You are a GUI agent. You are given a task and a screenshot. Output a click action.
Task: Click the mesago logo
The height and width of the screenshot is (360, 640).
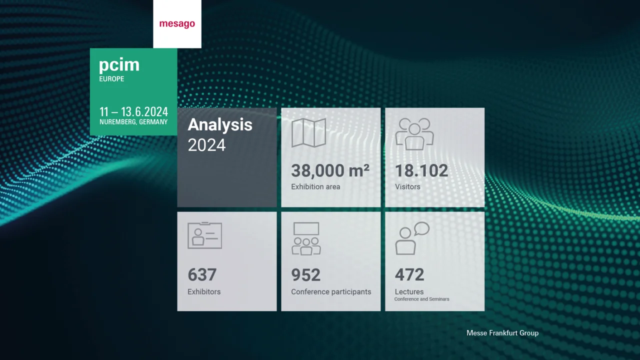[x=177, y=24]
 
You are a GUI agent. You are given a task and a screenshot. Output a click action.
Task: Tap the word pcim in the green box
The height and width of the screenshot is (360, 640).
[x=119, y=65]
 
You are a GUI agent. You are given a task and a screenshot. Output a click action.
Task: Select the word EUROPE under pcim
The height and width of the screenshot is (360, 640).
[x=111, y=79]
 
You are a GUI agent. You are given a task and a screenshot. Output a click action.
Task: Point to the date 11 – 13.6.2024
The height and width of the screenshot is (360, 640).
[x=133, y=111]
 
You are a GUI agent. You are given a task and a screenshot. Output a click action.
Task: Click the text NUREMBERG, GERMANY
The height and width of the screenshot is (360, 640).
[x=133, y=122]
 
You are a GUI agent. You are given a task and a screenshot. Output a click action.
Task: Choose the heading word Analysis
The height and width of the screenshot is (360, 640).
[x=220, y=125]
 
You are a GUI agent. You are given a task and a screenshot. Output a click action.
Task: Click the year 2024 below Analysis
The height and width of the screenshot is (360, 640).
[x=206, y=145]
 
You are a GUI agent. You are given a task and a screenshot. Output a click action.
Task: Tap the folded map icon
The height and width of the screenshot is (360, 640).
[x=308, y=132]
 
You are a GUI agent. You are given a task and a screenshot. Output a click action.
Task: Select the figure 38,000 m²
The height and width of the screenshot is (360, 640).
[x=330, y=171]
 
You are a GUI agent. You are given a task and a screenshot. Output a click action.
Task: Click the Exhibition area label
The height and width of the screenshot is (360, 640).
[x=315, y=187]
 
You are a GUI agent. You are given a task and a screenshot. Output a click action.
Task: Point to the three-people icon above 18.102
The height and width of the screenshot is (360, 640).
[x=414, y=133]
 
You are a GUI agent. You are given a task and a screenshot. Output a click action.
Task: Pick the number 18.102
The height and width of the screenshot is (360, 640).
[x=421, y=171]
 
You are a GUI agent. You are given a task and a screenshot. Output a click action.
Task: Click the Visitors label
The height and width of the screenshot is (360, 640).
[x=407, y=187]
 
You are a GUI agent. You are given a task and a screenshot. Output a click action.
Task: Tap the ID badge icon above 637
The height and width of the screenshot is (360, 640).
[x=204, y=235]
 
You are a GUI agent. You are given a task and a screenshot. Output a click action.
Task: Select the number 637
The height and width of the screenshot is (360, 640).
[x=202, y=275]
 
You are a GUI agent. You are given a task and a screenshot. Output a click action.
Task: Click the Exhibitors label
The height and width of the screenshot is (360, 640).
[x=204, y=291]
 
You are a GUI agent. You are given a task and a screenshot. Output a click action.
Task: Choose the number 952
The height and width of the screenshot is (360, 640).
[x=305, y=275]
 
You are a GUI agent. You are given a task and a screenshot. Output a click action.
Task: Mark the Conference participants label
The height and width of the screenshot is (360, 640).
[x=331, y=291]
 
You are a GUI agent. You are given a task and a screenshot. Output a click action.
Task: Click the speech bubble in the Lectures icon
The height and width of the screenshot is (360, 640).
[x=421, y=228]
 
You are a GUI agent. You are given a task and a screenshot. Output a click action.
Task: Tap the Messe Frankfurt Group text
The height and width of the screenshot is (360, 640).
[x=502, y=333]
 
